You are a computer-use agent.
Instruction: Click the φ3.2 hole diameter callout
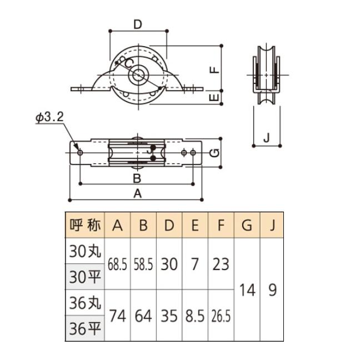49,118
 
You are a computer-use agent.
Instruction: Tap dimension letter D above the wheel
138,24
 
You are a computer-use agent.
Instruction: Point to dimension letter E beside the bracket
216,97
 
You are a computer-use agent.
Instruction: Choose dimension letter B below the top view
137,178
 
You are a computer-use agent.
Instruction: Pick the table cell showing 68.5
117,264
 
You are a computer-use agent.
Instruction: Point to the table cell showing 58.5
143,264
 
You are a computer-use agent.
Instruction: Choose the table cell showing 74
117,316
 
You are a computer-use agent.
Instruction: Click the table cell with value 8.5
195,316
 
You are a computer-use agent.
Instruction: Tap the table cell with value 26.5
221,316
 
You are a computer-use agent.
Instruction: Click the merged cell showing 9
272,289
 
